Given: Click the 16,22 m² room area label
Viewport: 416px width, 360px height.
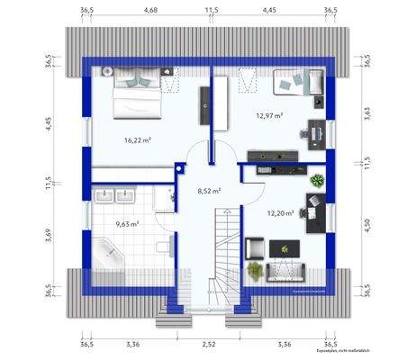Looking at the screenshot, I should coord(137,141).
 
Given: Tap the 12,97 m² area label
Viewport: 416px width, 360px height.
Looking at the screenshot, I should coord(268,115).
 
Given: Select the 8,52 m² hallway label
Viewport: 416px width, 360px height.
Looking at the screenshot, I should coord(209,191).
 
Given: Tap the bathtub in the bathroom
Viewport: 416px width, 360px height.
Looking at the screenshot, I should coord(111,252).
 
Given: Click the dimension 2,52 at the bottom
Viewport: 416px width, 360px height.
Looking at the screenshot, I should coord(208,344).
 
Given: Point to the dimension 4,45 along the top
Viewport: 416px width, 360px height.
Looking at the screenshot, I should coord(269,11).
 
